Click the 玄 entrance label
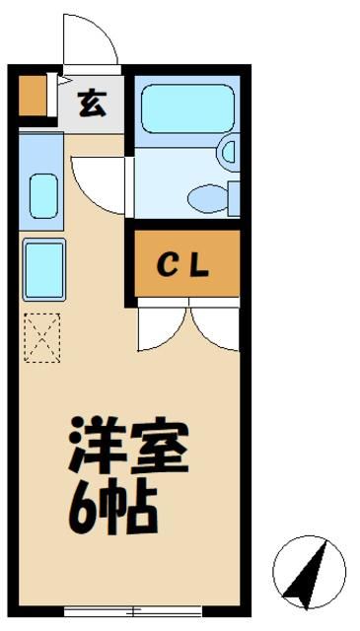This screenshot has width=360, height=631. pyautogui.click(x=92, y=102)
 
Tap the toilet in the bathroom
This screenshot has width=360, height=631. pyautogui.click(x=209, y=198)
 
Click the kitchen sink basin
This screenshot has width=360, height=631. pyautogui.click(x=42, y=195)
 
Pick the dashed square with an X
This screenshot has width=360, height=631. pyautogui.click(x=42, y=337)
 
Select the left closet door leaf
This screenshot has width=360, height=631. pyautogui.click(x=161, y=329)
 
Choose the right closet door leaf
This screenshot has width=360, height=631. pyautogui.click(x=215, y=329)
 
